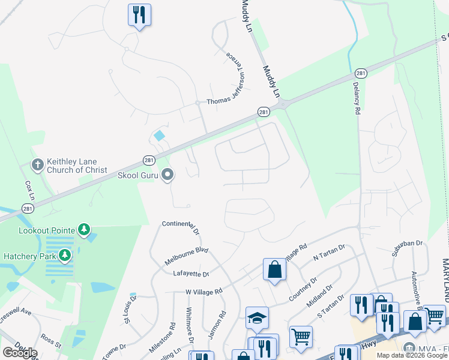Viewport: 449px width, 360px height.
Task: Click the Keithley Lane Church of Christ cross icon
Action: [37, 165]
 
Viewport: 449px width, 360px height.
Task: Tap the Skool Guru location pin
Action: [167, 175]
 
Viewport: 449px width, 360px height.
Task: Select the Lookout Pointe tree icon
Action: [85, 230]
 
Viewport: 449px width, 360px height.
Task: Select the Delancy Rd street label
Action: [357, 98]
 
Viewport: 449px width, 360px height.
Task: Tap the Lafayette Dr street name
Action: [191, 274]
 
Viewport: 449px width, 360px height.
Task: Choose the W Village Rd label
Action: [203, 291]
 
